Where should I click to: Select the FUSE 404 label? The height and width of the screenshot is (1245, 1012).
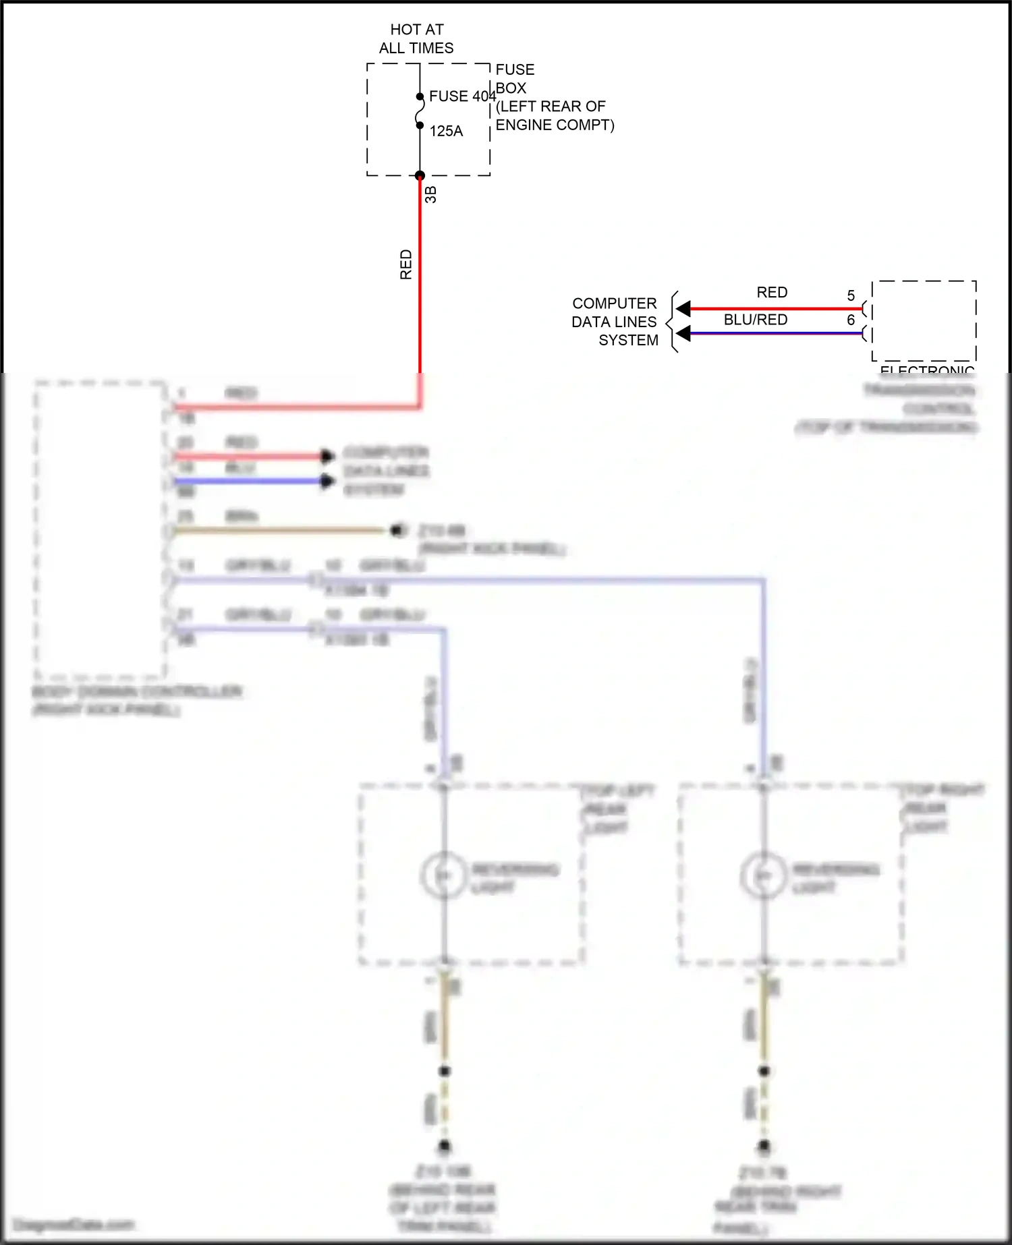(462, 96)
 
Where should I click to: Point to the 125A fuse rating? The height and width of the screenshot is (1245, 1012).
(446, 132)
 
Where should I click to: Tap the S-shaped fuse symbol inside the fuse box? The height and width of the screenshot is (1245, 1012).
(420, 111)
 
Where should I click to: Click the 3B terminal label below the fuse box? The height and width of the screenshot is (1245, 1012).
(431, 195)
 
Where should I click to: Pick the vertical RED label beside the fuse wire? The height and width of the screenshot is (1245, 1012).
(406, 264)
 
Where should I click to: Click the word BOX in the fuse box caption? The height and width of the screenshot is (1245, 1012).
(511, 88)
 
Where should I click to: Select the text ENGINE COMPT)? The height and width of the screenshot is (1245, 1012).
(555, 125)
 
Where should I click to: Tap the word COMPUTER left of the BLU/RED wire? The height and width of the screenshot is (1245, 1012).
(614, 303)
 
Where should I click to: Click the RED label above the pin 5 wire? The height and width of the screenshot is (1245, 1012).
(772, 293)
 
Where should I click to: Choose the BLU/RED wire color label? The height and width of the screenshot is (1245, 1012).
(756, 320)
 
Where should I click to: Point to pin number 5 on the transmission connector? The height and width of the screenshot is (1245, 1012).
(851, 296)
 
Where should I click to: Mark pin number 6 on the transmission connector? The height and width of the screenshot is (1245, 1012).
(851, 320)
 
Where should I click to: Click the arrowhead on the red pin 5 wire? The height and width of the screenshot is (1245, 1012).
(683, 309)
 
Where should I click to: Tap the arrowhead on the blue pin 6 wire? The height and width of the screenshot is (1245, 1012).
(683, 333)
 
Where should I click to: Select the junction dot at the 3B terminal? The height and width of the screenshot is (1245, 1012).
(420, 176)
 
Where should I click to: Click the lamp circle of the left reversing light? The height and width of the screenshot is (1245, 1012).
(443, 875)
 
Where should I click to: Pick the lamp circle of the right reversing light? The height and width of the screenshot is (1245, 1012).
(763, 875)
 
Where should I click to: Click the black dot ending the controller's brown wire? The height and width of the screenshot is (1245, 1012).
(397, 530)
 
